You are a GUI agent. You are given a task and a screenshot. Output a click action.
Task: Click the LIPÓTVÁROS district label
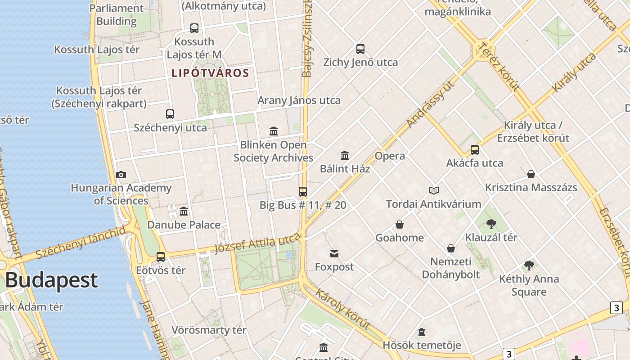(210, 73)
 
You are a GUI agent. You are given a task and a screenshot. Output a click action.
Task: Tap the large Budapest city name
(51, 280)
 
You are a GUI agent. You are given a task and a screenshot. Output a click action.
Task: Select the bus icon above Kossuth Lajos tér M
(194, 28)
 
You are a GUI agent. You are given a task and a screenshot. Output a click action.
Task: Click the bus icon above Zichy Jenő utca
(360, 49)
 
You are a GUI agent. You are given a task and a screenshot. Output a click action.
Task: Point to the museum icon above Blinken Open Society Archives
(274, 131)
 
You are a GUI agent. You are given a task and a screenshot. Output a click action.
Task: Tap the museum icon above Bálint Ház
(345, 155)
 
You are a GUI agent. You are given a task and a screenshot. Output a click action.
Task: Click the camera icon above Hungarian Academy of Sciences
(121, 175)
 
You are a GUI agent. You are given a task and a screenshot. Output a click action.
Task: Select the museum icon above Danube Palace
(184, 211)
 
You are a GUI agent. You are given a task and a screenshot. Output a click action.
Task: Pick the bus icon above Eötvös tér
(161, 257)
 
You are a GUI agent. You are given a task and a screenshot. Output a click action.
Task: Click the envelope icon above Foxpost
(334, 254)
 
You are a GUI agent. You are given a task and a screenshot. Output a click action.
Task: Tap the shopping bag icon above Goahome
(399, 225)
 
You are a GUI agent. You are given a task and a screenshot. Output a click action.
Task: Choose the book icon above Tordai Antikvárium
(434, 191)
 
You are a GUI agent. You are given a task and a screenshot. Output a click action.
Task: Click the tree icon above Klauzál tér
(491, 224)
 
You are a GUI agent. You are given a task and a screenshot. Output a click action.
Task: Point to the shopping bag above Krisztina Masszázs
(531, 174)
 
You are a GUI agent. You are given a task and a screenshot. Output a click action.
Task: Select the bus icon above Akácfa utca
(475, 150)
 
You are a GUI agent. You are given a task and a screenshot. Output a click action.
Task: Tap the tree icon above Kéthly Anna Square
(529, 265)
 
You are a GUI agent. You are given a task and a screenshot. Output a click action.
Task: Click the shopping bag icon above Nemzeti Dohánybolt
(451, 248)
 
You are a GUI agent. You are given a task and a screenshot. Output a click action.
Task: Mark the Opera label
(390, 156)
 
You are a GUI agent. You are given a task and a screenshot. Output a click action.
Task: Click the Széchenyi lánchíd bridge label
(81, 243)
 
